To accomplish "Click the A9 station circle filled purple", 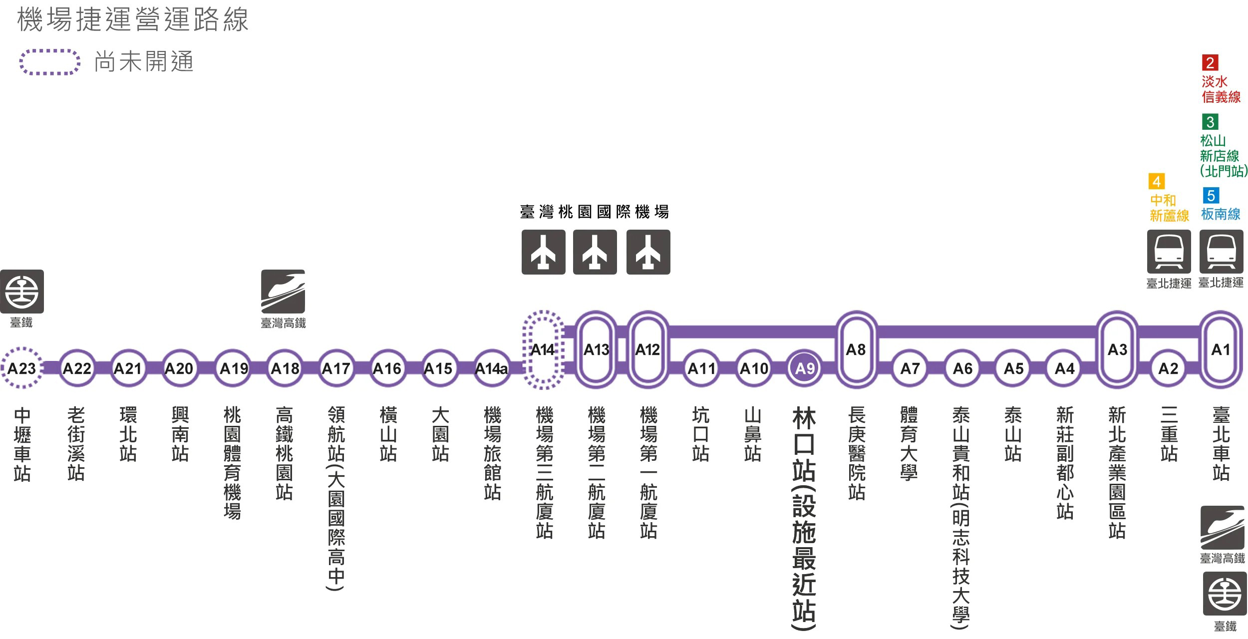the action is pos(805,368).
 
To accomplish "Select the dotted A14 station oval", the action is pos(525,349).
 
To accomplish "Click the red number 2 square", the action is pos(1210,63).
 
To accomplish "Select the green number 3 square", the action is pos(1210,122).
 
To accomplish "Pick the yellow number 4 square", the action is pos(1157,181).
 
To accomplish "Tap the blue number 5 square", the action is pos(1211,195).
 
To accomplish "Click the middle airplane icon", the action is pos(595,252).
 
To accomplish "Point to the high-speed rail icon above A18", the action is pos(283,292).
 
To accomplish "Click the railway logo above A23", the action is pos(22,292).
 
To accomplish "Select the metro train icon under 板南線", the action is pos(1222,252).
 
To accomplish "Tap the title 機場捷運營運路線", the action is pos(133,20).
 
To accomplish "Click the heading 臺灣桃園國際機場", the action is pos(595,212).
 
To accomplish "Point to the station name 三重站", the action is pos(1169,434).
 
